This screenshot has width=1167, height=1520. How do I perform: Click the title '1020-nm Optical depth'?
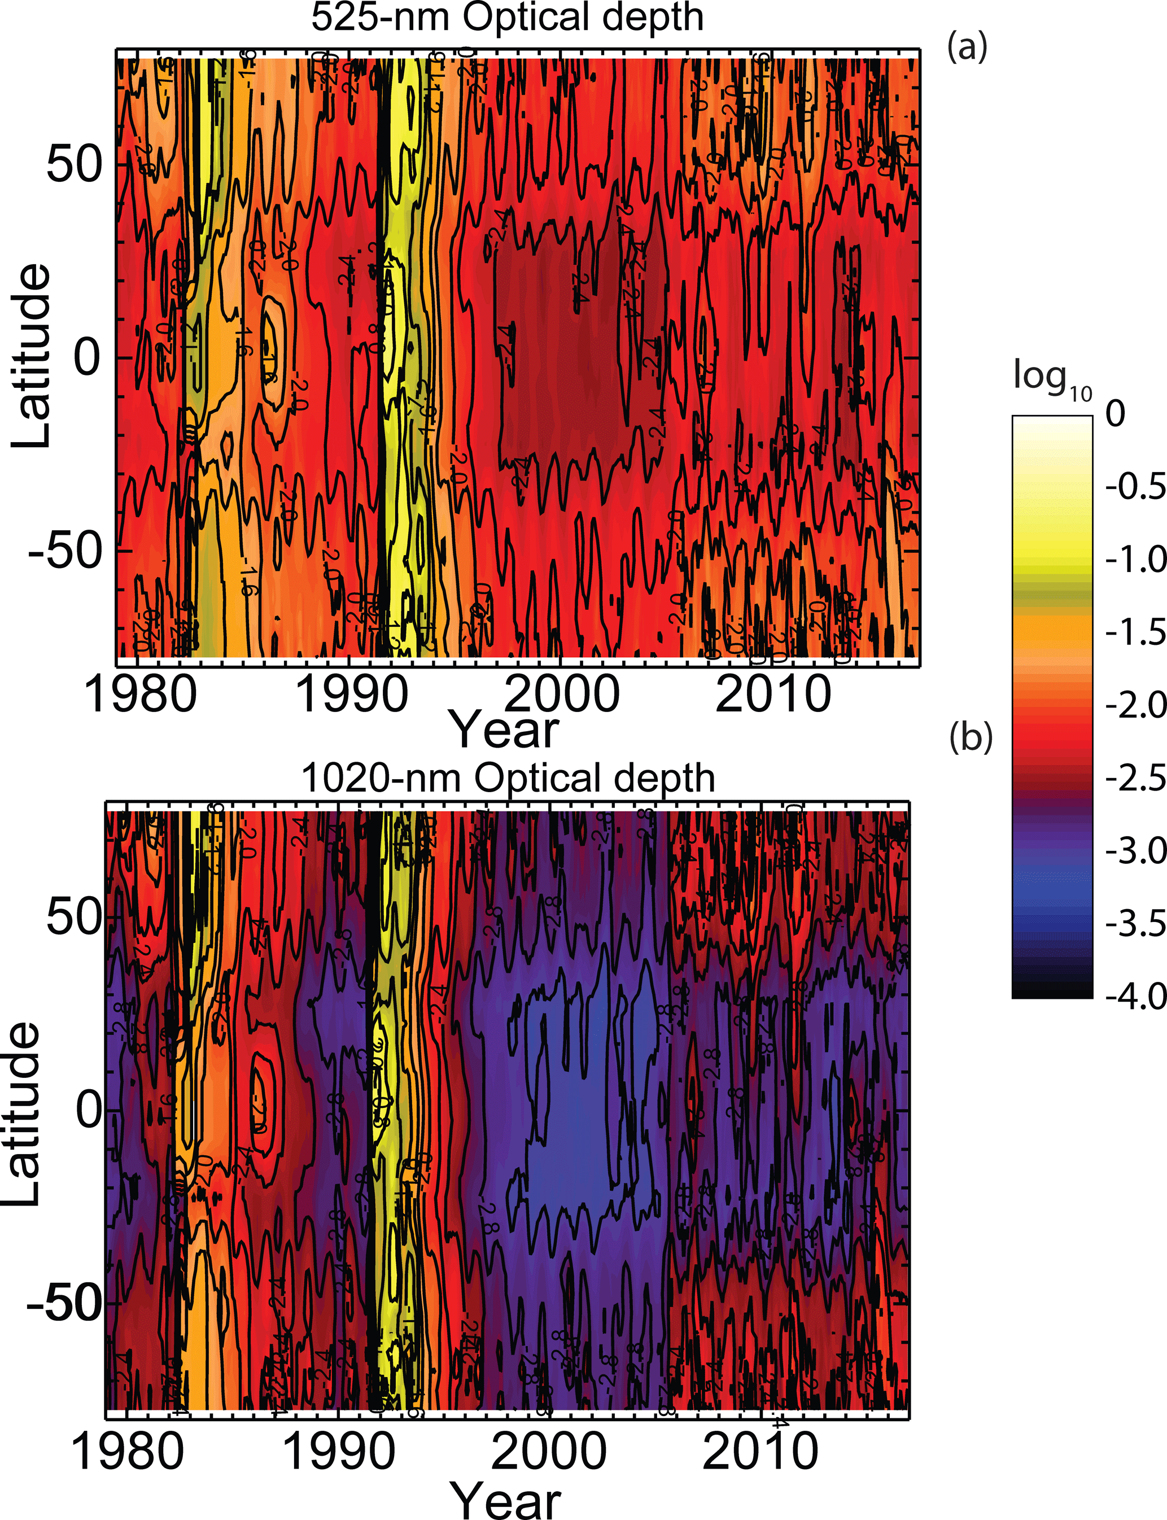pyautogui.click(x=508, y=778)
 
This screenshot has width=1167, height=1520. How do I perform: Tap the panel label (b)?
pyautogui.click(x=971, y=739)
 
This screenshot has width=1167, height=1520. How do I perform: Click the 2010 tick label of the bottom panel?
pyautogui.click(x=760, y=1451)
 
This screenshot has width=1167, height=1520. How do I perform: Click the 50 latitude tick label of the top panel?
pyautogui.click(x=75, y=165)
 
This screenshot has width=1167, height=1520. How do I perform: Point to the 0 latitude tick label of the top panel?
pyautogui.click(x=88, y=358)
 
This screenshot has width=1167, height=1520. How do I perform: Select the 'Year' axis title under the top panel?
pyautogui.click(x=505, y=730)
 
